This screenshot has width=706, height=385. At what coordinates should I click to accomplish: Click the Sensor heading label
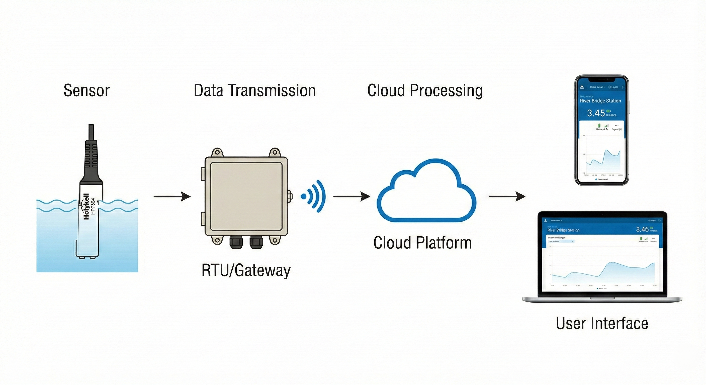[x=86, y=90]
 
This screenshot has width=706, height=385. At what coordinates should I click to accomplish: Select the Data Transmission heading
[x=255, y=90]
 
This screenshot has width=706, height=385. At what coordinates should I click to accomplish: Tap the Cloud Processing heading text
[x=425, y=90]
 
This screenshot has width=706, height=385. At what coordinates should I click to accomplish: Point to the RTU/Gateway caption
[x=246, y=270]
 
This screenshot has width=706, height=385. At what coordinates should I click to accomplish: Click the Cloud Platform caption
[x=423, y=243]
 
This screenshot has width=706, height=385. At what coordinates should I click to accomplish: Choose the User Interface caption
[x=602, y=323]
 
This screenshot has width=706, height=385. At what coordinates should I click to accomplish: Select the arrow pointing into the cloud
[x=352, y=197]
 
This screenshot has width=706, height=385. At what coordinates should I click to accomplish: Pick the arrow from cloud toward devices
[x=507, y=197]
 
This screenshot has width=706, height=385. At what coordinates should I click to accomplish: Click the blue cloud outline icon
[x=426, y=192]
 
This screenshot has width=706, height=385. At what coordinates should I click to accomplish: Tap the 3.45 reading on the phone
[x=596, y=113]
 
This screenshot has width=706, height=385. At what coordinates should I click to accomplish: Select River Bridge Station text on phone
[x=600, y=101]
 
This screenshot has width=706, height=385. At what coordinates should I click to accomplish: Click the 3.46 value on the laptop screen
[x=642, y=229]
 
